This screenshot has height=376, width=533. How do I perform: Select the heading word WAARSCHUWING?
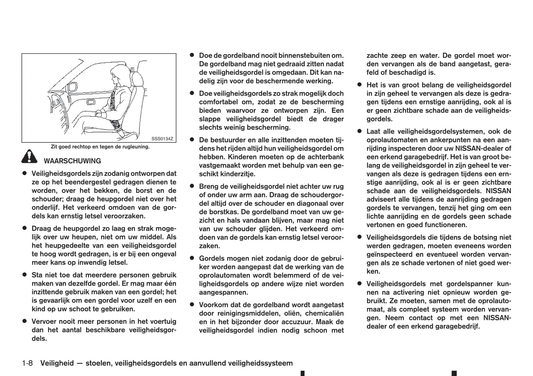coord(72,161)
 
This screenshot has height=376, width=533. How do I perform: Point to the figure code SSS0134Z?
coord(162,139)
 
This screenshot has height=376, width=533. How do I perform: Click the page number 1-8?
coord(27,363)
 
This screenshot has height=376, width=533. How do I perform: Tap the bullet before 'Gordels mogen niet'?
coord(192,258)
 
